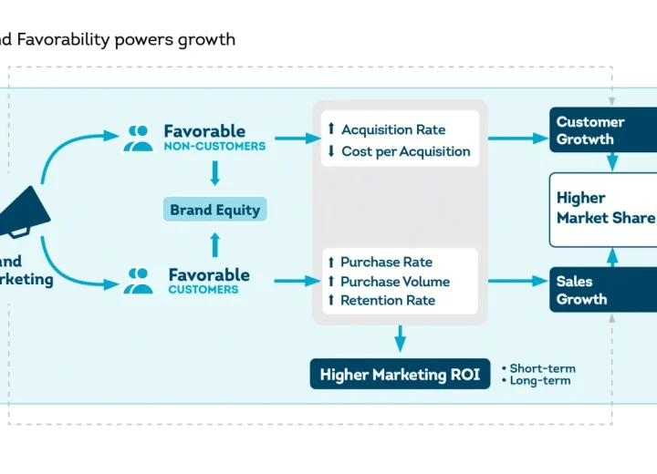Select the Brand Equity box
(x=214, y=210)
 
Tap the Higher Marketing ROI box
(x=400, y=375)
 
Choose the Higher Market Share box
(x=604, y=208)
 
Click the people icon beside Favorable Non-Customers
(x=140, y=138)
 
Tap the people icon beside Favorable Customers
(x=140, y=281)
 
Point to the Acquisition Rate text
(x=392, y=129)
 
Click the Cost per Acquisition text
(x=405, y=151)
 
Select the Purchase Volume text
(x=394, y=282)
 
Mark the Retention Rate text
(x=387, y=300)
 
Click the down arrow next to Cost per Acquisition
(x=330, y=151)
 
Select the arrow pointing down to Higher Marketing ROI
(x=400, y=339)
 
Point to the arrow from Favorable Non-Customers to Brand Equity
(x=215, y=173)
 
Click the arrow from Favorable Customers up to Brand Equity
(x=215, y=243)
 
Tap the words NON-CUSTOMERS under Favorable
(x=214, y=147)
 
